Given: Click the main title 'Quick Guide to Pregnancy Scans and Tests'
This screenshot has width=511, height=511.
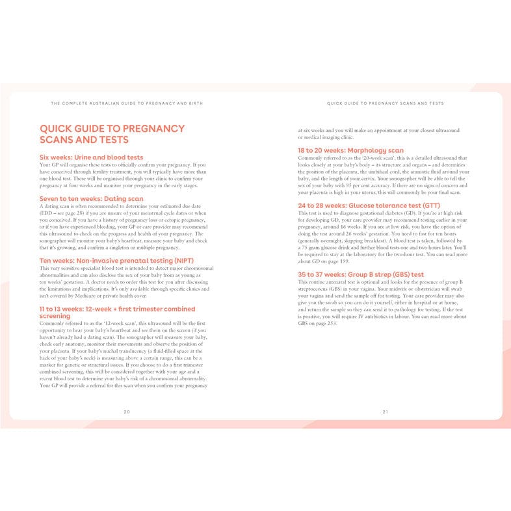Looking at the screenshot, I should point(112,134).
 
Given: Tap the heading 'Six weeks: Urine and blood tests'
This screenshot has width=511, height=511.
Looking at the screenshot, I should point(91,157).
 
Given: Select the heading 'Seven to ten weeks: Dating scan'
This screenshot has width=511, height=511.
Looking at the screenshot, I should point(92,199).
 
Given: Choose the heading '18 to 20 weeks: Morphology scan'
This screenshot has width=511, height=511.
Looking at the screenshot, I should point(350,150).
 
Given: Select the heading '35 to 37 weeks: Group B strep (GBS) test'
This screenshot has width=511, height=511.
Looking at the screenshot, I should point(361,274).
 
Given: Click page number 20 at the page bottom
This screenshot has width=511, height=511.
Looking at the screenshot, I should point(127,412).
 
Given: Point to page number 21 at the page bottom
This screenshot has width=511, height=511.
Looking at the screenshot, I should point(385,412).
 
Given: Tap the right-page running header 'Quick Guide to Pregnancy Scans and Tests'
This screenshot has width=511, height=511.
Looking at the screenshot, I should point(385,103).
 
